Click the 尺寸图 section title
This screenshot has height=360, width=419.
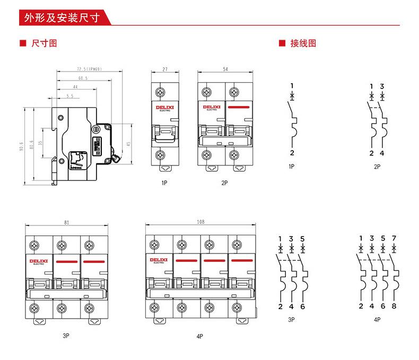coord(44,43)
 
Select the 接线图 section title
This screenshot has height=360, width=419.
coord(303,43)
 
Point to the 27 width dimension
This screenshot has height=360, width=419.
coord(165,69)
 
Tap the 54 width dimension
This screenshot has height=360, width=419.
coord(225,69)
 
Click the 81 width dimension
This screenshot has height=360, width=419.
coord(66,223)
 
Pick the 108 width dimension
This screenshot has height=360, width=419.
coord(200,222)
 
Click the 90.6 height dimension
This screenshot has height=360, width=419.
coord(22,146)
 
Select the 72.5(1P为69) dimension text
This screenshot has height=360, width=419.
coord(89,69)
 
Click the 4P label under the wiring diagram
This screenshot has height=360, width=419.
coord(377,320)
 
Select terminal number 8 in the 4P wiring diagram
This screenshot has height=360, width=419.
coord(394,306)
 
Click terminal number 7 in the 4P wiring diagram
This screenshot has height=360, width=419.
coord(394,238)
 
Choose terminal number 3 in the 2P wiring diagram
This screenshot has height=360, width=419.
coord(382,86)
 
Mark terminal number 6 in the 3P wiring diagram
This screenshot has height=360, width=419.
coord(302,306)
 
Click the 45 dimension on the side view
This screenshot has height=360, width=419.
coord(128,143)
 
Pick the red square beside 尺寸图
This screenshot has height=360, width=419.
coord(22,43)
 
